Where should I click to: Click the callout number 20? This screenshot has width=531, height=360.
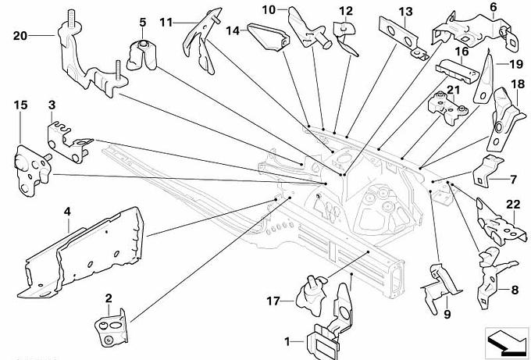click(20, 34)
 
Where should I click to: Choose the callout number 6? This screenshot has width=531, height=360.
click(493, 8)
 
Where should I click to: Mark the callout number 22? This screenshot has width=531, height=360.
click(512, 205)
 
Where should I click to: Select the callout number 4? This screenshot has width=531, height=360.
click(68, 211)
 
